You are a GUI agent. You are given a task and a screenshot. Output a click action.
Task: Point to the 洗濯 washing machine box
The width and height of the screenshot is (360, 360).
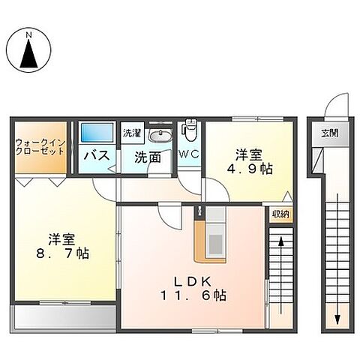(x=132, y=133)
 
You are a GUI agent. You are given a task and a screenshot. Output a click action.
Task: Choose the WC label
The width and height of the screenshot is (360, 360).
(x=188, y=156)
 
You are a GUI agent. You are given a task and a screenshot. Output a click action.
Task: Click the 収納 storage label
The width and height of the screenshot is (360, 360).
(x=280, y=214)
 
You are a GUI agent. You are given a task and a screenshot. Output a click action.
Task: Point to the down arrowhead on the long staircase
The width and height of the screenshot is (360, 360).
(x=337, y=319)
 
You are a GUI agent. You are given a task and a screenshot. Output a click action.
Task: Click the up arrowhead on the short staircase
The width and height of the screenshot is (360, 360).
(x=280, y=242)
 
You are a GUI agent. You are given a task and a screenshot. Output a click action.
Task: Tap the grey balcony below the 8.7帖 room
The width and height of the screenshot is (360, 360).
(x=62, y=316)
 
